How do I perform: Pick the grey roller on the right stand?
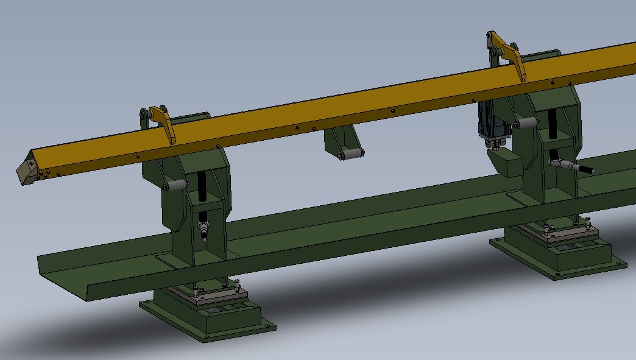[527, 124]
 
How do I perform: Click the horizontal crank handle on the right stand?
[573, 166]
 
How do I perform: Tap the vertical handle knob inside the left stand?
[203, 232]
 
